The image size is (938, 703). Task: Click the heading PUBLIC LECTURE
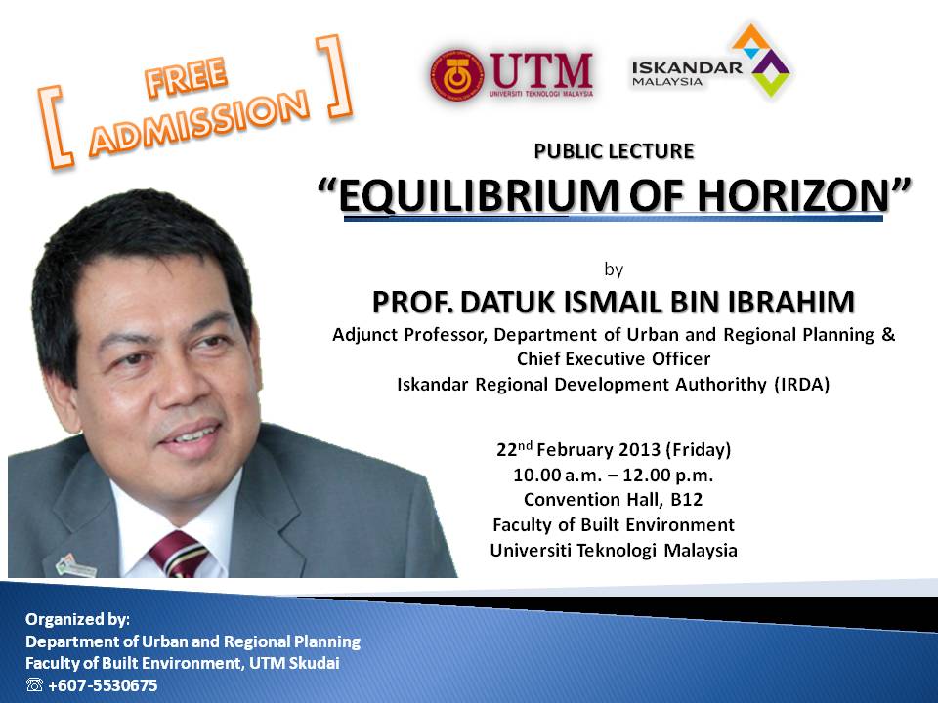614,150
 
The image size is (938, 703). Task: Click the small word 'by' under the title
614,268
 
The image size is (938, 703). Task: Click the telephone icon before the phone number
34,685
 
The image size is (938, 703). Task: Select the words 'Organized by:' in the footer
77,619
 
